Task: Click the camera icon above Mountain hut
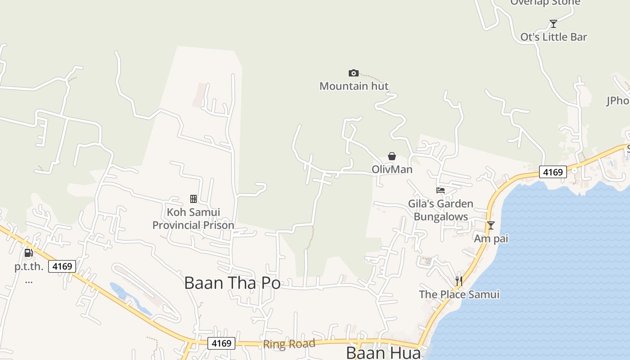point(354,73)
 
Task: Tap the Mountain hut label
point(354,86)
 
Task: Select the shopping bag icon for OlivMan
point(392,156)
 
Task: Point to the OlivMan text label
point(392,170)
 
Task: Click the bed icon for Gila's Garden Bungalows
point(441,190)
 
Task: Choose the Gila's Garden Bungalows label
point(441,210)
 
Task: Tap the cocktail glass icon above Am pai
point(491,225)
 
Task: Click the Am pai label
point(491,238)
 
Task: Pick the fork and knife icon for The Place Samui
point(459,281)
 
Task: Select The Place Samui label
point(459,295)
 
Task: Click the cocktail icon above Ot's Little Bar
point(553,24)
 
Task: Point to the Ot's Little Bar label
point(553,37)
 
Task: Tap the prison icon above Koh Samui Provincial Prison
point(193,198)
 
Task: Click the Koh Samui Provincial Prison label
point(193,218)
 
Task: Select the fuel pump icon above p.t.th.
point(29,253)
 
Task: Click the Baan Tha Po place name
point(233,283)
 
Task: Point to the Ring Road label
point(289,344)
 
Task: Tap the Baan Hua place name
point(384,353)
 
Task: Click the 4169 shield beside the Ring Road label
point(221,343)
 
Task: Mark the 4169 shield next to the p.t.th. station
point(62,266)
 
